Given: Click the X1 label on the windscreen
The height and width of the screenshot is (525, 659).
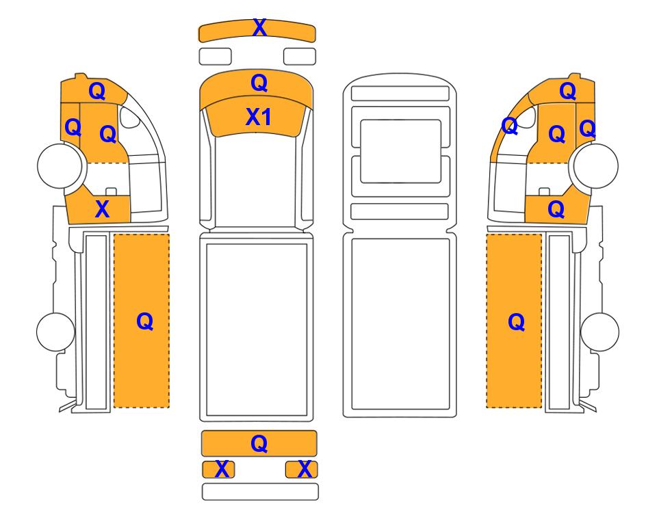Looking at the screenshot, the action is [x=258, y=117].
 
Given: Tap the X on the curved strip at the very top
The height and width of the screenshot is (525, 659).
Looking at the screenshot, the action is [x=259, y=28].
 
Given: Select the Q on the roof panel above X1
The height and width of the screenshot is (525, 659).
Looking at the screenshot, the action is [x=259, y=83].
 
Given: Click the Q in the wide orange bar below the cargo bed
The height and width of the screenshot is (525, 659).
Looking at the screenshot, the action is [x=259, y=444].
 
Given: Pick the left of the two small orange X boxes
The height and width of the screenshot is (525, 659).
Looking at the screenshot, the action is [x=218, y=469].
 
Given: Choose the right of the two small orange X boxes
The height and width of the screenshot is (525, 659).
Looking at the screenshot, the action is [x=301, y=469].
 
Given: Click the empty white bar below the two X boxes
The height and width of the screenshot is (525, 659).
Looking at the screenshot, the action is [x=260, y=492].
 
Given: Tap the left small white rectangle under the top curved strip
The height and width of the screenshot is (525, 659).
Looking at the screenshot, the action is [x=215, y=56].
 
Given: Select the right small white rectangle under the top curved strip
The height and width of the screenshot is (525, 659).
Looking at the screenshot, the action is [x=300, y=56].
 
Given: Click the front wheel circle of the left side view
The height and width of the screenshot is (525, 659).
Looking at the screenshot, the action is [x=60, y=165].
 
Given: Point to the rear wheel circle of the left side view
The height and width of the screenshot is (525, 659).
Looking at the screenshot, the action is [x=56, y=332].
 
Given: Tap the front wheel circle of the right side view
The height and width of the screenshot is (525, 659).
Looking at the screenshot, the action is [x=596, y=165].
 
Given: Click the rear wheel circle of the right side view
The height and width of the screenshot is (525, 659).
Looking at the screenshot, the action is [x=599, y=332].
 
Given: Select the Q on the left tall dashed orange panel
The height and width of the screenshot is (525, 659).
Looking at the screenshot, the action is [x=144, y=322].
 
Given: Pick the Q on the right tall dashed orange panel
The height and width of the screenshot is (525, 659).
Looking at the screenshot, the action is [x=516, y=322].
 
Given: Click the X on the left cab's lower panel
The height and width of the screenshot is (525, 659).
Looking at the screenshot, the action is [x=102, y=208].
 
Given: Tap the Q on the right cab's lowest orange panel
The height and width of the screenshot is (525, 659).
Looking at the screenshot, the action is [x=556, y=209].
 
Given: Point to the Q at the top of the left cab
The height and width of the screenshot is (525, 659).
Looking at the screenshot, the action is [x=96, y=91].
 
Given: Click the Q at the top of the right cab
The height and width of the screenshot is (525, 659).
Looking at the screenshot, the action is [x=567, y=91].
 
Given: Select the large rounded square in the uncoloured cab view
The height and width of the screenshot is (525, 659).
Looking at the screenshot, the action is [x=400, y=151].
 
